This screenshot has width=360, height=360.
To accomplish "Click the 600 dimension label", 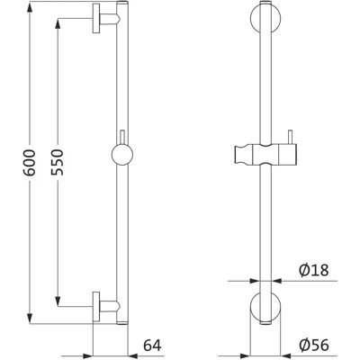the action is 30,163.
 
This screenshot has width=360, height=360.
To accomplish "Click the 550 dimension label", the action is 57,162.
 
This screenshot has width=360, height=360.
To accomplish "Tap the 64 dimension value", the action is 152,346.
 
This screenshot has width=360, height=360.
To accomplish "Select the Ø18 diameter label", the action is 314,270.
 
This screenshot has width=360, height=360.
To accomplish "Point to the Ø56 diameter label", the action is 314,346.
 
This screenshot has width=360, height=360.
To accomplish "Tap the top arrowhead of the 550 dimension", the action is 58,23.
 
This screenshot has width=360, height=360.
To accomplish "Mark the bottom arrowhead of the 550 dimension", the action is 58,301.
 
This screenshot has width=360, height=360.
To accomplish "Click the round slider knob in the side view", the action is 122,155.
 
